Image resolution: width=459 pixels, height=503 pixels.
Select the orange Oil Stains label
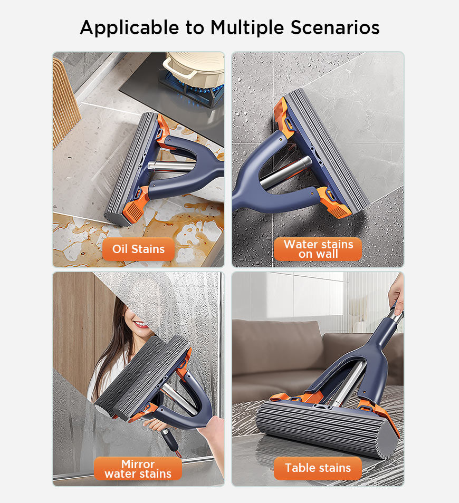coord(138,249)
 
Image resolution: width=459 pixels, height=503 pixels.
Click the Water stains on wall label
coord(318,249)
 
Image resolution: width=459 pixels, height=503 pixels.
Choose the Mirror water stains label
coord(138,469)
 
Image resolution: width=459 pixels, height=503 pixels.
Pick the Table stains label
coord(318,468)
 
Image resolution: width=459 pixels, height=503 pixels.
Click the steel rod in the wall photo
coord(285,173)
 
